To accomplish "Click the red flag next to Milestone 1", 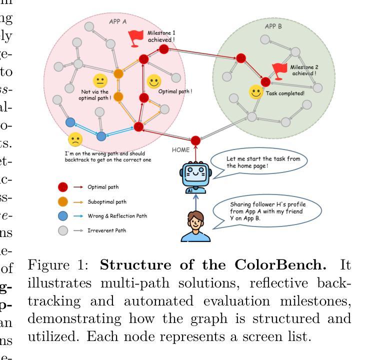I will (x=135, y=38).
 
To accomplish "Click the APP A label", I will (x=117, y=21).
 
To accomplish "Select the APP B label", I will (x=273, y=26).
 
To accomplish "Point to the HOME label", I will (x=180, y=149).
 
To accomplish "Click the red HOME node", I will (x=196, y=141).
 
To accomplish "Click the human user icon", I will (x=195, y=226).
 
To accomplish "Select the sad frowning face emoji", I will (x=75, y=139).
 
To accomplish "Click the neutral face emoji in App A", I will (x=100, y=81).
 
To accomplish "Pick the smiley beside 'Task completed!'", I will (x=256, y=92).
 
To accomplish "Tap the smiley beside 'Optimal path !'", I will (x=154, y=81).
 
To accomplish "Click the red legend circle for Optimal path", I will (x=63, y=187).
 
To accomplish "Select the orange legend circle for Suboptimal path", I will (x=63, y=201).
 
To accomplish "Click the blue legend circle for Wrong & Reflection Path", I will (x=63, y=216).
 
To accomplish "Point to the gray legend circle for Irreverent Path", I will (x=63, y=230).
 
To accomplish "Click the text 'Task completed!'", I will (x=285, y=93).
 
